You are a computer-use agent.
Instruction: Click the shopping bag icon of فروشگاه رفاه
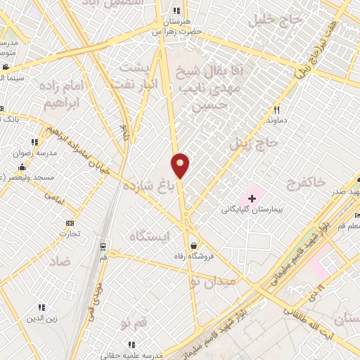[x=193, y=246]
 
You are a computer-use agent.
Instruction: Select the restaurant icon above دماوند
[x=276, y=110]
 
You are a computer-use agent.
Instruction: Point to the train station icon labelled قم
[x=103, y=246]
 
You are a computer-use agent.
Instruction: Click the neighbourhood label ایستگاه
[x=150, y=236]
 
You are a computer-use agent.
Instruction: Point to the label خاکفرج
[x=306, y=183]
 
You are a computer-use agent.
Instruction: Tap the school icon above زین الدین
[x=41, y=307]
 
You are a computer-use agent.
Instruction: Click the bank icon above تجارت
[x=70, y=223]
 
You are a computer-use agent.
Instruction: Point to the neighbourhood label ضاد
[x=60, y=261]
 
